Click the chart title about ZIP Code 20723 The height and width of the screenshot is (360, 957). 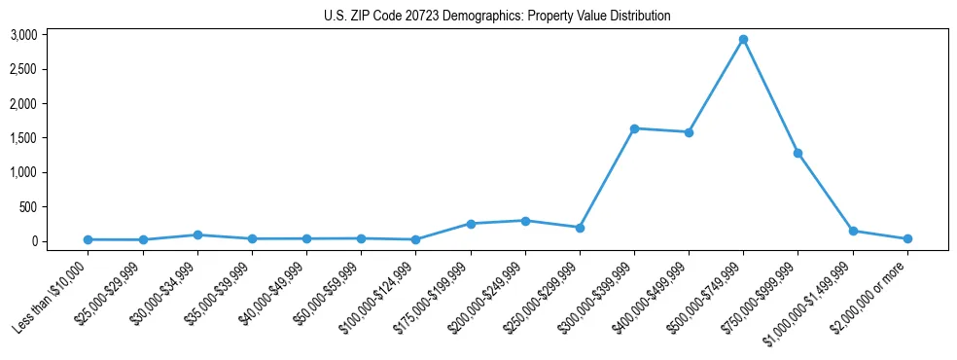(x=497, y=17)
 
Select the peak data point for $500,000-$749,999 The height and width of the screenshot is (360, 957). (x=743, y=40)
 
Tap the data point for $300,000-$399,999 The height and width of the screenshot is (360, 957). (x=634, y=128)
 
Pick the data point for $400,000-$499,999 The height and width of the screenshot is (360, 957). (x=689, y=132)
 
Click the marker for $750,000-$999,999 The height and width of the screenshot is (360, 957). (x=797, y=153)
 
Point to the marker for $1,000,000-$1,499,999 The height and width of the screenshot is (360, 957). (x=853, y=232)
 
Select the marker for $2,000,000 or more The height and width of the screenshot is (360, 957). (x=907, y=238)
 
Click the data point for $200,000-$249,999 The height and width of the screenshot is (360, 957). (x=525, y=221)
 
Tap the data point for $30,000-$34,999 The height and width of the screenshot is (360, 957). (x=197, y=234)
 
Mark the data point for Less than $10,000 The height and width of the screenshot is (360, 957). (x=89, y=239)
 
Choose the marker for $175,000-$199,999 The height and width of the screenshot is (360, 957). (x=471, y=224)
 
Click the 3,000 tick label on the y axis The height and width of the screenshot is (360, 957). (x=23, y=35)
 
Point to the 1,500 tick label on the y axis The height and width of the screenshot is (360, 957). (x=23, y=138)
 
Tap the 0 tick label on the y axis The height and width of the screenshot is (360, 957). (x=34, y=241)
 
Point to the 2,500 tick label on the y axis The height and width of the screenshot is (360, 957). (x=23, y=70)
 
